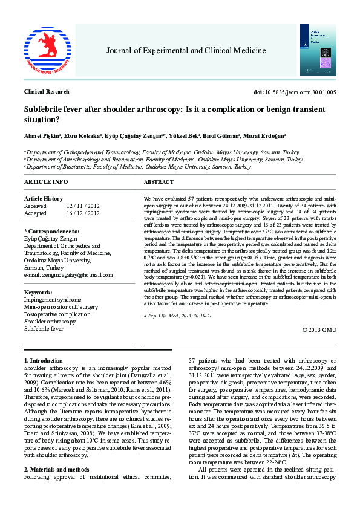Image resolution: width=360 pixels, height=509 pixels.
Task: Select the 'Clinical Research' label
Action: (x=47, y=92)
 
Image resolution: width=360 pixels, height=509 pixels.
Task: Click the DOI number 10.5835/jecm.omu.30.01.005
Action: (x=296, y=92)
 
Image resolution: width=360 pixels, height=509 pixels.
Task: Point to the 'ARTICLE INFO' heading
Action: (x=46, y=181)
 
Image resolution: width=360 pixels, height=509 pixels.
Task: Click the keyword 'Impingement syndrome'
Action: (x=52, y=299)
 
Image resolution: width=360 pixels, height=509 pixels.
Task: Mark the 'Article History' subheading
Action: (x=43, y=199)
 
